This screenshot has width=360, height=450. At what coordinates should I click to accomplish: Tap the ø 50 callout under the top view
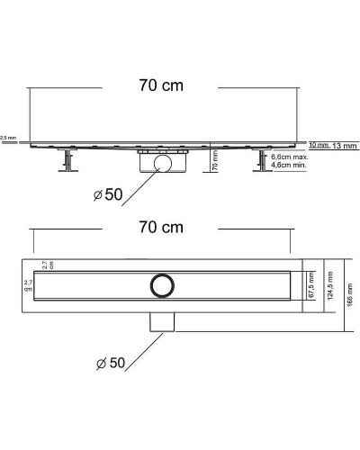(x=112, y=363)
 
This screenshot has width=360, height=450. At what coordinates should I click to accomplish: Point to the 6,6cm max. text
(x=289, y=157)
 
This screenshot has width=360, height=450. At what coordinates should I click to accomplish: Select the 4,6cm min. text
(x=289, y=166)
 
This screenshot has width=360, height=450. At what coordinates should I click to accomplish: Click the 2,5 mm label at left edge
(x=8, y=138)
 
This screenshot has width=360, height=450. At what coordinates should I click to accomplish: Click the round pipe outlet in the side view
(x=162, y=163)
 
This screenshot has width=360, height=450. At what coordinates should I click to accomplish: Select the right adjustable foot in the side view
(x=261, y=163)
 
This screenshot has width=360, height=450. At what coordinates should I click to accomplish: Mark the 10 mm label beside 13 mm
(x=318, y=145)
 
